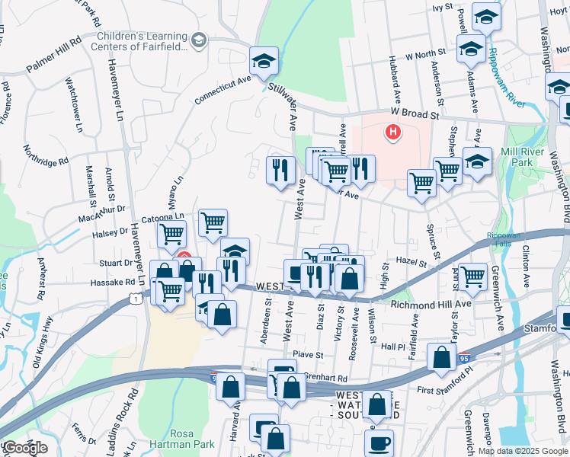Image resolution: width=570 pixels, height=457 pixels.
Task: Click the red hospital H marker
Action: [x=393, y=133]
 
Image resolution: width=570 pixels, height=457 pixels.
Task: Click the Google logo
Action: [x=24, y=448]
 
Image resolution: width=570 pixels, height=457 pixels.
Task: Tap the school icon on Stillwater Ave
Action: [x=264, y=61]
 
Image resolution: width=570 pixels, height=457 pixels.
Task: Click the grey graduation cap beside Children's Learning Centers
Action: [x=200, y=40]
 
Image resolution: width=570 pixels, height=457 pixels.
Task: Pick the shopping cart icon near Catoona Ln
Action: [x=213, y=222]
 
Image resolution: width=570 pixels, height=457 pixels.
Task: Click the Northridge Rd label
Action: [x=46, y=155]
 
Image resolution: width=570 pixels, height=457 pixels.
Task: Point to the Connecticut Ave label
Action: [x=223, y=91]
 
